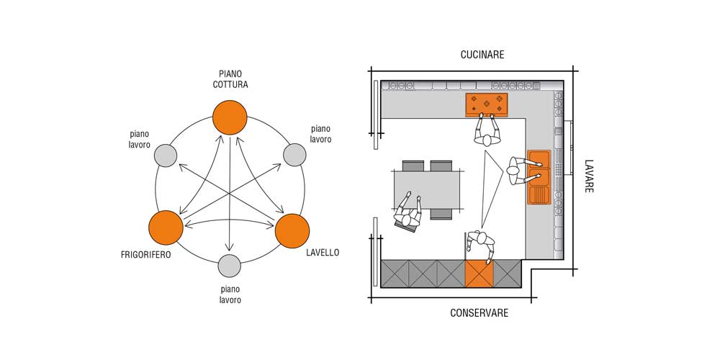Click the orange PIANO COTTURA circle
[230, 117]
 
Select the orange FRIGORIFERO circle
[166, 228]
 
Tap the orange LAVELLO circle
[293, 230]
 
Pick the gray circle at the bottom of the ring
[229, 266]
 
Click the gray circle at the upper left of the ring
[166, 155]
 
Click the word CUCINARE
[482, 55]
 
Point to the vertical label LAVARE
[588, 176]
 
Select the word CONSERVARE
[480, 313]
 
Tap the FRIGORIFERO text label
[146, 254]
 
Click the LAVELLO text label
[322, 253]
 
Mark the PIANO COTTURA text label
[230, 78]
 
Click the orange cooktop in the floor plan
[486, 104]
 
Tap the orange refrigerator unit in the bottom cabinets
[479, 274]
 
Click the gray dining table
[426, 189]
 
